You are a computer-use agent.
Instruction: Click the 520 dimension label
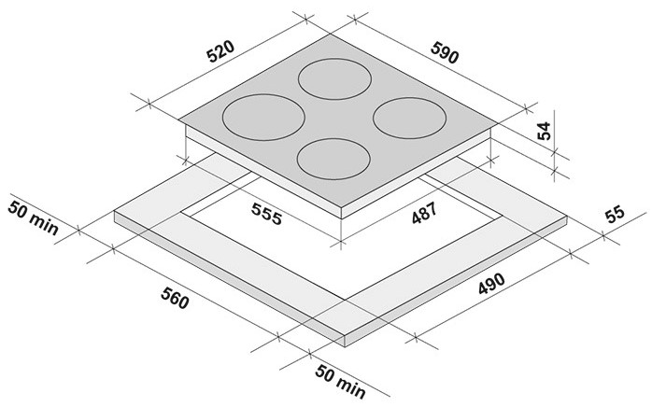coord(221,51)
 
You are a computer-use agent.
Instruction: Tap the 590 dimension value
coord(445,53)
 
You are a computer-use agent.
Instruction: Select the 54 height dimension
coord(544,131)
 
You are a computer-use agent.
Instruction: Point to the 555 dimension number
coord(267,214)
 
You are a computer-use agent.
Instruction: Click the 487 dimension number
coord(424,213)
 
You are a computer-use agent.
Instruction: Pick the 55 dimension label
coord(615,214)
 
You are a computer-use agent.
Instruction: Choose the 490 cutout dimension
coord(491,284)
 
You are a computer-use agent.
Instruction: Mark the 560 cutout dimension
coord(175,298)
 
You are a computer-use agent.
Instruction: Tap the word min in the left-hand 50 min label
coord(45,224)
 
